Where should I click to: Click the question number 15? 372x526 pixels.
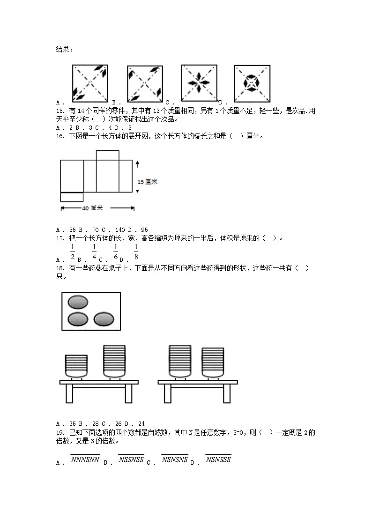tap(60, 111)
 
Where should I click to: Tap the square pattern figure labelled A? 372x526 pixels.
tap(90, 83)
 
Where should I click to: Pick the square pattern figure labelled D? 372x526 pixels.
tap(252, 83)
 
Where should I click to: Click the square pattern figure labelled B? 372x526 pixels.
tap(145, 83)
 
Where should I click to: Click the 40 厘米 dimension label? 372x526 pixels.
tap(92, 207)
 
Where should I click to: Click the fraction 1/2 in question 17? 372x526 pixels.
tap(73, 252)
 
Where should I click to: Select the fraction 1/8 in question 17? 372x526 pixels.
tap(136, 252)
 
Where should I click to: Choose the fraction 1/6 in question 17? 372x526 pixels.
tap(115, 252)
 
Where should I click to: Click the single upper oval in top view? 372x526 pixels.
tap(78, 302)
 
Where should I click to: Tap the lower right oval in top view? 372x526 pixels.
tap(104, 319)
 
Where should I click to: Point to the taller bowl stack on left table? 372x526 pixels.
tap(114, 361)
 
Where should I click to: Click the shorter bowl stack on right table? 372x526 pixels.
tap(212, 362)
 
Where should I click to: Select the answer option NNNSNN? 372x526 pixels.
tap(85, 459)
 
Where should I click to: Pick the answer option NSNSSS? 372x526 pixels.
tap(218, 459)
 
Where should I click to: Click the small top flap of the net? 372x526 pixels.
tap(107, 155)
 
